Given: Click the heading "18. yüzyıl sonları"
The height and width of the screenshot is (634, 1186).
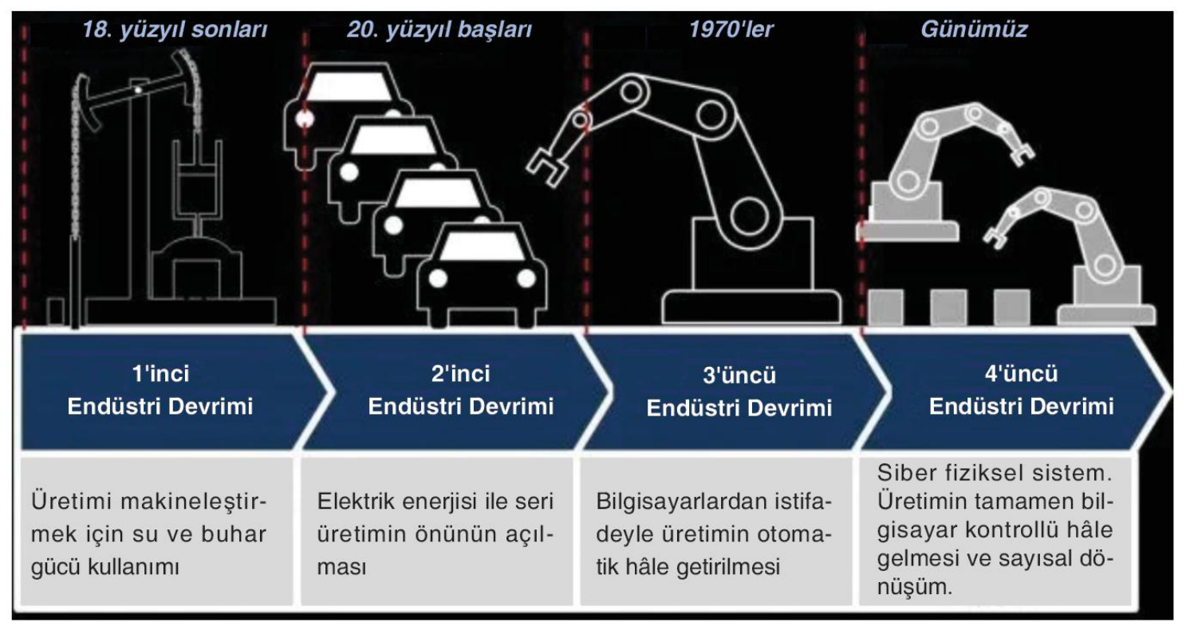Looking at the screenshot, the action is (x=175, y=30).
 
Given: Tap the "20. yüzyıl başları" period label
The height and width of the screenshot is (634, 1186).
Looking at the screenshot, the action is (x=439, y=30).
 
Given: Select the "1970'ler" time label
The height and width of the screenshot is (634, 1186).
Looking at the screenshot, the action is (x=731, y=29).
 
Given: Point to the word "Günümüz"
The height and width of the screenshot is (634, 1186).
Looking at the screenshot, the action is (x=974, y=29).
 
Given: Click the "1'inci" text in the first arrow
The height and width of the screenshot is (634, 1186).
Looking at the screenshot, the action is (x=160, y=374).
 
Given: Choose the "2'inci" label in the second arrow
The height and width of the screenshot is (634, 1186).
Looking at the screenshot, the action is (x=461, y=374).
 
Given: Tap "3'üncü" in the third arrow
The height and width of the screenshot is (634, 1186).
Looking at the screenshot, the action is (x=739, y=375).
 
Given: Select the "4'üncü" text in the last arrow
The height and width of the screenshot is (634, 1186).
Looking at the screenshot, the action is (x=1022, y=374).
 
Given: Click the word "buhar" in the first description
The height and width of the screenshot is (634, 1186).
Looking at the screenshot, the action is (x=234, y=534).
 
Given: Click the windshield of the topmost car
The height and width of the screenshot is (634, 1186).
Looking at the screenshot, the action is (x=349, y=86).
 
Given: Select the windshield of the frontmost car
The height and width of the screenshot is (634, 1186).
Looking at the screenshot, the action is (x=482, y=246).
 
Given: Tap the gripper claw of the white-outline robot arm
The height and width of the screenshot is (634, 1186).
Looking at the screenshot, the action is (x=546, y=167).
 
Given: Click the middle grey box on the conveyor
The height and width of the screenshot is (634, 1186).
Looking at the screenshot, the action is (x=948, y=306).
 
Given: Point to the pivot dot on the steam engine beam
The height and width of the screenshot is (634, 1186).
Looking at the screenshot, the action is (x=138, y=90).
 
